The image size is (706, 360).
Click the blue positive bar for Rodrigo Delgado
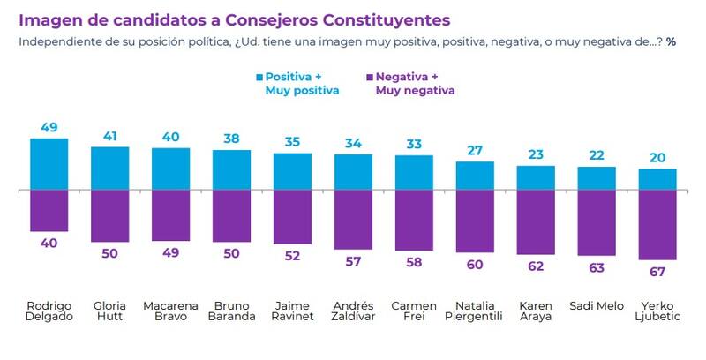pos(49,164)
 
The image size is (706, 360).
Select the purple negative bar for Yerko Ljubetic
pos(657,225)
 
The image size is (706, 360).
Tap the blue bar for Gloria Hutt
pos(109,168)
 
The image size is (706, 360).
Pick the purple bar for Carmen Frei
pos(414,221)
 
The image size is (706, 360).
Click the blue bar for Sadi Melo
pos(597,178)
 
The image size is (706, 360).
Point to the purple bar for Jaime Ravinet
pos(292,217)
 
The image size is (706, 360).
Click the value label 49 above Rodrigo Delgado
pos(49,127)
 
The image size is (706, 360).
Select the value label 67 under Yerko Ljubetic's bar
pos(657,271)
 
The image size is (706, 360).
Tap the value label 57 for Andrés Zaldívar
pos(353,262)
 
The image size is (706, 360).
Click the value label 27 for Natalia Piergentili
pos(475,150)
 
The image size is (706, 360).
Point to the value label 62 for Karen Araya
pos(536,266)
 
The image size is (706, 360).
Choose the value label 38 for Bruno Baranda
pos(231,139)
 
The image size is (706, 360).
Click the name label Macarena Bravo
pos(170,311)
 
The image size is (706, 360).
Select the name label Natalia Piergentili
pos(475,311)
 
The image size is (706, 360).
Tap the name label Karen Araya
pos(536,311)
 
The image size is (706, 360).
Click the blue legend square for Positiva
pos(258,77)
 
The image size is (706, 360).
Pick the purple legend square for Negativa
pos(367,77)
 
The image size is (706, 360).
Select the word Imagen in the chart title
pos(51,19)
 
